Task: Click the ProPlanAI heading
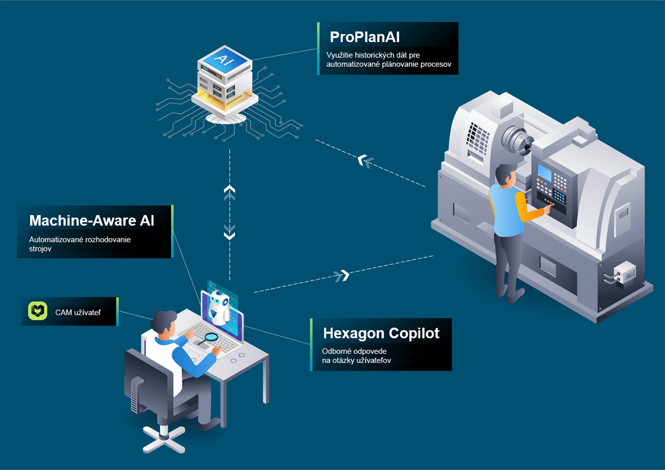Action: tap(364, 37)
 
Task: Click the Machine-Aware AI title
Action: tap(92, 221)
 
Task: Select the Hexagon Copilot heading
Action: tap(381, 333)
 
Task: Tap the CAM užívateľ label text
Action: tap(78, 312)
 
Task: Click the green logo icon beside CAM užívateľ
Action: tap(38, 311)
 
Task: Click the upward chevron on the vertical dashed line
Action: tap(230, 192)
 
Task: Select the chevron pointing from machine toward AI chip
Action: tap(365, 161)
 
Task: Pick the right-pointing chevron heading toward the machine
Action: tap(342, 276)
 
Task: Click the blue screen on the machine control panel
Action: tap(544, 173)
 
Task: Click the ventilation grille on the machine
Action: tap(477, 138)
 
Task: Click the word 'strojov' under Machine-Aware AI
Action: tap(40, 249)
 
